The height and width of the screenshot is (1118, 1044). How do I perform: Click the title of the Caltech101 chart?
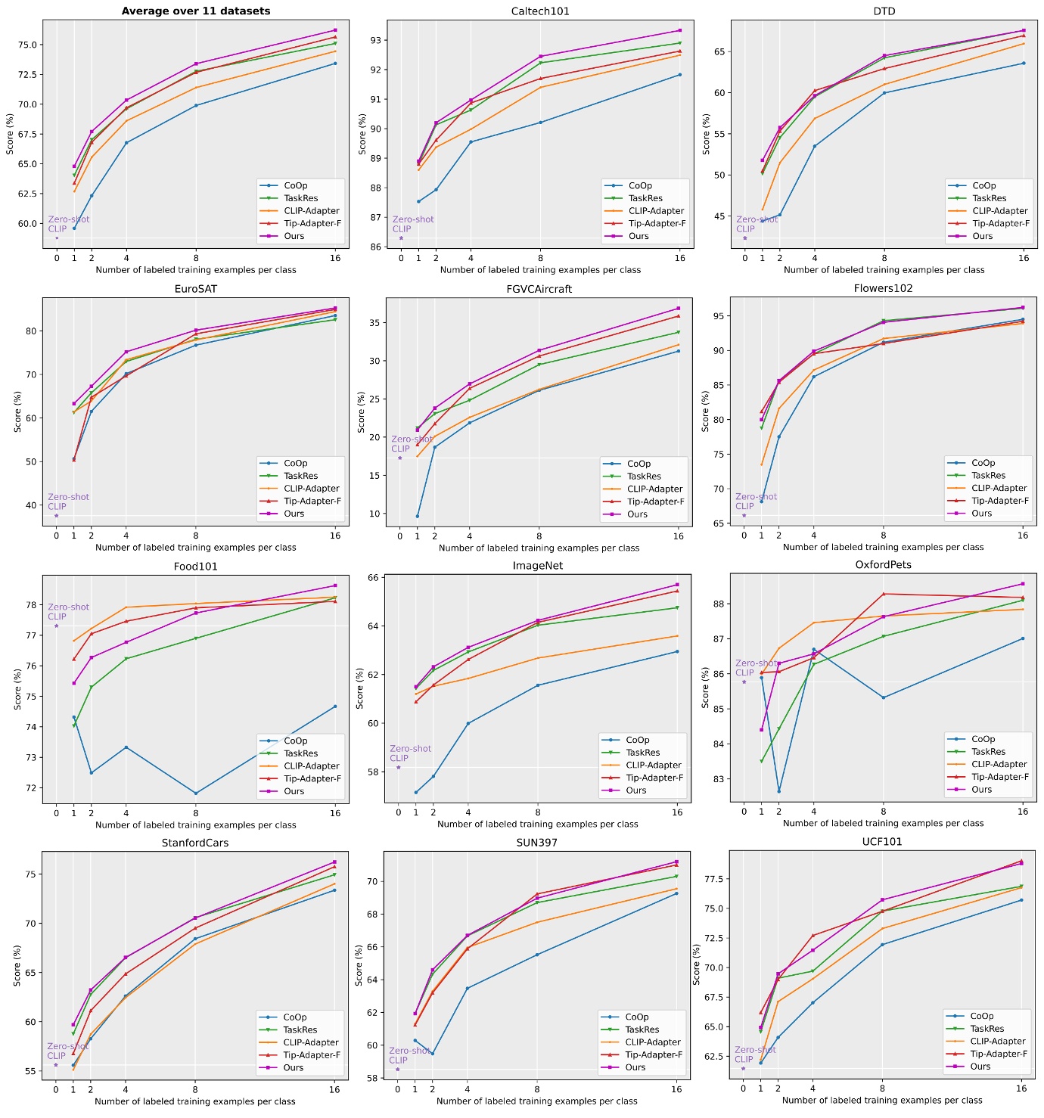(x=540, y=11)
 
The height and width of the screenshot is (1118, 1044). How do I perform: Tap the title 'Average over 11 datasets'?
(x=196, y=11)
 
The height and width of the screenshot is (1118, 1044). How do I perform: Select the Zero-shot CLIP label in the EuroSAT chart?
(x=68, y=502)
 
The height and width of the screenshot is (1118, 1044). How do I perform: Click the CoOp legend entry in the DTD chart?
(x=983, y=185)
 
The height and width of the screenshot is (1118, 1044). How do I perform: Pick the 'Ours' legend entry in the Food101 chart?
(x=294, y=791)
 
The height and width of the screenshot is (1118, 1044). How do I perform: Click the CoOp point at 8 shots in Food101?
(x=196, y=793)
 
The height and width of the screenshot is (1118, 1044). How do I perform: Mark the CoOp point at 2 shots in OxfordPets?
(x=778, y=791)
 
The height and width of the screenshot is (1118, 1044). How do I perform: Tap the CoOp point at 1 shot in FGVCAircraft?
(x=417, y=517)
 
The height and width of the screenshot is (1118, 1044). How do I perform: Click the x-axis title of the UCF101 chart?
(x=882, y=1101)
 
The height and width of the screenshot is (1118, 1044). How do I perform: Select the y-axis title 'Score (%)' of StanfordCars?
(x=17, y=965)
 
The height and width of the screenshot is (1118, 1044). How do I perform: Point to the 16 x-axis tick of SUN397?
(x=676, y=1090)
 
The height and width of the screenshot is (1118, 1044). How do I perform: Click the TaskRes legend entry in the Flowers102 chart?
(x=988, y=475)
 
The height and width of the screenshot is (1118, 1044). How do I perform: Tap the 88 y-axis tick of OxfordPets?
(x=718, y=604)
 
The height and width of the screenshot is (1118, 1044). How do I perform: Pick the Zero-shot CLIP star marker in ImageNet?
(x=399, y=767)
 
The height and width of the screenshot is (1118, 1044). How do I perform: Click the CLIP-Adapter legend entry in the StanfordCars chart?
(x=311, y=1042)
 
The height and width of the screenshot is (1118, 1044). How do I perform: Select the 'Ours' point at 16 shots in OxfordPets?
(x=1023, y=584)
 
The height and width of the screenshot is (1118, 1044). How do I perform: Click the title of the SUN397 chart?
(x=536, y=843)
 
